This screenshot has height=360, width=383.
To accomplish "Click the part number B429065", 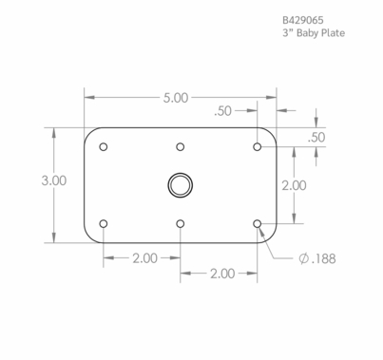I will pyautogui.click(x=306, y=19).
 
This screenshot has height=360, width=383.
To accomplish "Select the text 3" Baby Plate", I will pyautogui.click(x=314, y=33).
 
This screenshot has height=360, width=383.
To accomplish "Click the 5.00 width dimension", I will pyautogui.click(x=176, y=97).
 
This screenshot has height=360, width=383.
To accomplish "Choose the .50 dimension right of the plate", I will pyautogui.click(x=317, y=138).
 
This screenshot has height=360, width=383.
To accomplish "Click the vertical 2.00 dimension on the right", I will pyautogui.click(x=294, y=185).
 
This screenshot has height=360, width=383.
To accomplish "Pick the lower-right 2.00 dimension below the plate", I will pyautogui.click(x=220, y=274).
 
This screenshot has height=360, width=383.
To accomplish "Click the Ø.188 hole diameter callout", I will pyautogui.click(x=316, y=257).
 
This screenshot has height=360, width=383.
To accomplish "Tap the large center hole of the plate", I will pyautogui.click(x=180, y=184).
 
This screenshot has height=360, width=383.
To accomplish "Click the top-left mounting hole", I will pyautogui.click(x=104, y=147).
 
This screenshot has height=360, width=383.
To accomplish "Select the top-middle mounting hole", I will pyautogui.click(x=181, y=147).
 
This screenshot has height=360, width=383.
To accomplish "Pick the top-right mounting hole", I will pyautogui.click(x=258, y=147).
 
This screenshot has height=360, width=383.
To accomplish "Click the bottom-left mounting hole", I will pyautogui.click(x=104, y=224).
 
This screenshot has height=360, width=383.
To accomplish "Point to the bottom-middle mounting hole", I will pyautogui.click(x=181, y=224).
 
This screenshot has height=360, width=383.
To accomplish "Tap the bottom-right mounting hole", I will pyautogui.click(x=258, y=224).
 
